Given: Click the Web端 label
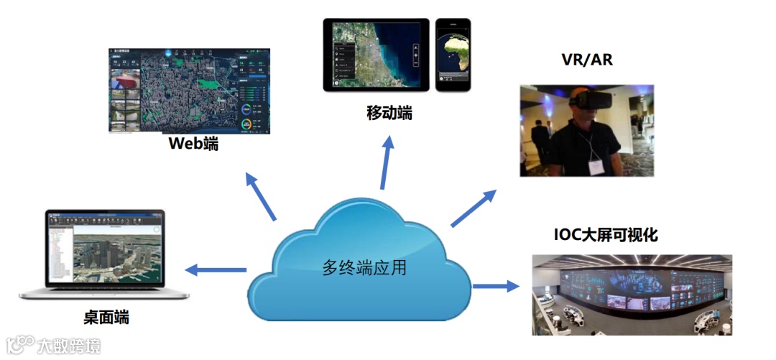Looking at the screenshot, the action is point(193,143).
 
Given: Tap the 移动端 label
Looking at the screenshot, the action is point(389,113).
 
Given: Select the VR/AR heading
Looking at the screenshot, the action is point(587,60).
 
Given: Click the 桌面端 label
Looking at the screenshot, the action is point(106,316).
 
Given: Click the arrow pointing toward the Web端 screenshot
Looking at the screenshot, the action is point(260,196).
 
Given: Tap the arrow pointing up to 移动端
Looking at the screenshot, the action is point(386,162).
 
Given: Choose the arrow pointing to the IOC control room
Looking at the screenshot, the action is point(495,286).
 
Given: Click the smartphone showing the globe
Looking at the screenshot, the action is point(453,55).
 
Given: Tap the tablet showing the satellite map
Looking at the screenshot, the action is point(376,55).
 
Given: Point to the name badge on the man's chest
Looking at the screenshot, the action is point(597,165).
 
